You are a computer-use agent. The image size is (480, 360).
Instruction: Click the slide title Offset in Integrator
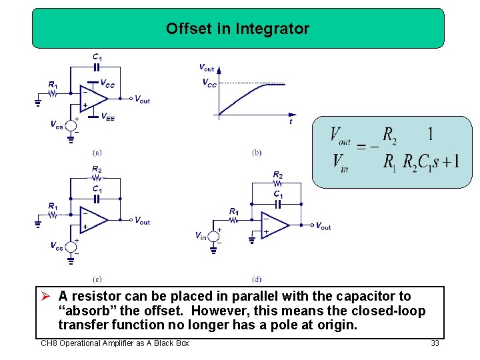(237, 29)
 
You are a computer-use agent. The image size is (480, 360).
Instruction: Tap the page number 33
(435, 343)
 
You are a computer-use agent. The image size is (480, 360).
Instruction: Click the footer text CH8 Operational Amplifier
(115, 343)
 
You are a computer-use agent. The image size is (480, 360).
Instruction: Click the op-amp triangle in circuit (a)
(93, 97)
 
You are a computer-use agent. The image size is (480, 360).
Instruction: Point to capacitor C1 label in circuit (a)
(97, 57)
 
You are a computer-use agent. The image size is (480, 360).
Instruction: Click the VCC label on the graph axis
(209, 83)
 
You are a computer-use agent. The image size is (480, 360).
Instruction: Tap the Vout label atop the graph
(207, 67)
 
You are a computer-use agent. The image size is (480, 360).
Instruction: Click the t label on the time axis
(291, 122)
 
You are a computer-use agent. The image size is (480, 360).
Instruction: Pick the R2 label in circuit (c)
(97, 169)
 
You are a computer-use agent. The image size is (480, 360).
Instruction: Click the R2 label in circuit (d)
(277, 175)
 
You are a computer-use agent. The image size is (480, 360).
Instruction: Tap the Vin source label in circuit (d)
(201, 235)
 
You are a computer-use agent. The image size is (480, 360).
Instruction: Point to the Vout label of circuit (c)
(142, 221)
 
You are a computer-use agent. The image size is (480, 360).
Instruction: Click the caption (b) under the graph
(257, 152)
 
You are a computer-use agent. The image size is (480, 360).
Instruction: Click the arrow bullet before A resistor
(47, 296)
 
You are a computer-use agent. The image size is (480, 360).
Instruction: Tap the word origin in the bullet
(339, 325)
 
